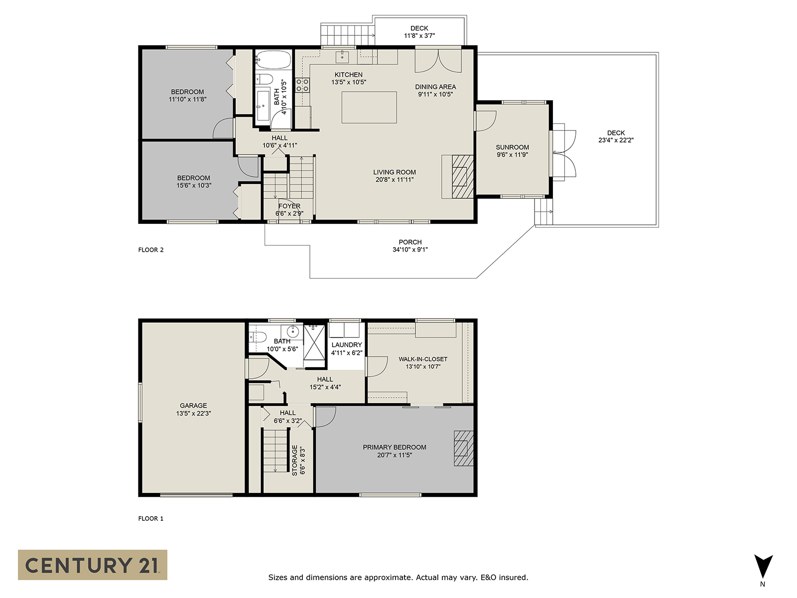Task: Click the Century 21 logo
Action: pos(93,565)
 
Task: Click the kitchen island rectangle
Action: pos(369,108)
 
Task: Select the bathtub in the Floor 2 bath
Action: pos(273,59)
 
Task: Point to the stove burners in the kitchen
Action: pos(302,85)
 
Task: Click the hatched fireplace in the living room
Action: pos(463,176)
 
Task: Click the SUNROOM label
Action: pos(513,147)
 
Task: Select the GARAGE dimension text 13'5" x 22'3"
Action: pos(194,413)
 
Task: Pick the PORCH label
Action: pos(410,242)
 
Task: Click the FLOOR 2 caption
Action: pos(151,250)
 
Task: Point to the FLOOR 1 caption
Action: pos(151,518)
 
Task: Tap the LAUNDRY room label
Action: pos(347,344)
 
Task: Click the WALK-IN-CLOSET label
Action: pos(423,359)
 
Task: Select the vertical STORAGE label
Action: pos(294,460)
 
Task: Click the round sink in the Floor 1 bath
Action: pos(292,331)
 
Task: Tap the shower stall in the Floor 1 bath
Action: pos(314,342)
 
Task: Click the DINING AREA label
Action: pos(435,87)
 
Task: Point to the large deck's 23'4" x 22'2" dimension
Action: pos(616,140)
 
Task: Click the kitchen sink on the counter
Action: pos(342,57)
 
